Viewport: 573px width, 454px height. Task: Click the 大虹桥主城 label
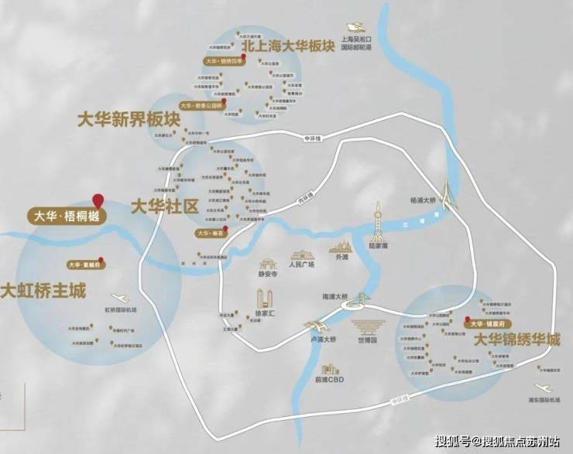[43, 292]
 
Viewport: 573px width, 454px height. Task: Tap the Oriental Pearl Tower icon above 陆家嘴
[378, 219]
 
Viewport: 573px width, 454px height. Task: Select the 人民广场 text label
[301, 265]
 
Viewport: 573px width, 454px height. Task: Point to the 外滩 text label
[340, 260]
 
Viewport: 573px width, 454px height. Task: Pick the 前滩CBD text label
[330, 380]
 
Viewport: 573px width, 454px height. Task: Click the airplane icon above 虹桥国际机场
[121, 298]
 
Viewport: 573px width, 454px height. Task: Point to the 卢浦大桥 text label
[317, 339]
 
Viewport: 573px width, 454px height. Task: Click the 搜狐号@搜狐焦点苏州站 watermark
[497, 442]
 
